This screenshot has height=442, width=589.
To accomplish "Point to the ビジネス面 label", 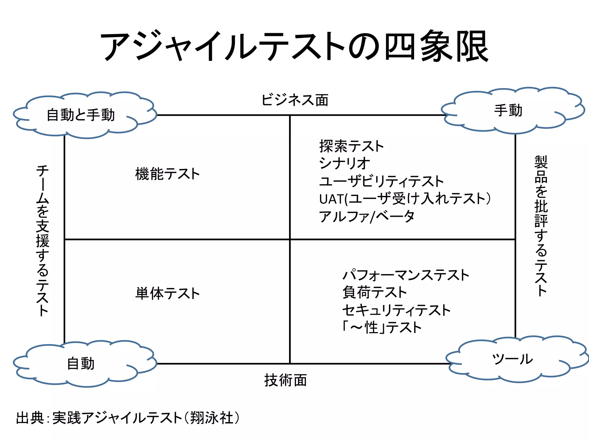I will click(x=294, y=100).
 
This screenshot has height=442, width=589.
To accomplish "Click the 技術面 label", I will click(x=286, y=380).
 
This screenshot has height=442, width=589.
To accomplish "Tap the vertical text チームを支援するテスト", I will click(x=43, y=241).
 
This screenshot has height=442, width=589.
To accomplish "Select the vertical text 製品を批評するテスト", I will click(x=541, y=226).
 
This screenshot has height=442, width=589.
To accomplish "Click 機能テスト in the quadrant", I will click(x=167, y=174).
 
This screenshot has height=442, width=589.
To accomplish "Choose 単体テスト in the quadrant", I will click(x=167, y=294).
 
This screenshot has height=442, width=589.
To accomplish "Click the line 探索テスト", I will click(x=351, y=146).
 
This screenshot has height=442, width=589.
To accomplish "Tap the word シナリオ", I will click(x=345, y=163).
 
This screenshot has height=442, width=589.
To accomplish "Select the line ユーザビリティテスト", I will click(x=381, y=181).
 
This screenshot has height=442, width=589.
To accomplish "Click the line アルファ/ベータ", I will click(x=367, y=216).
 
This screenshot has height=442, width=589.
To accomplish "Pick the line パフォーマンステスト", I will click(x=406, y=275).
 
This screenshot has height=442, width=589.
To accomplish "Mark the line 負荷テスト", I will click(x=374, y=292).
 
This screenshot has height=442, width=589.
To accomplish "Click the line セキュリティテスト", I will click(x=396, y=310).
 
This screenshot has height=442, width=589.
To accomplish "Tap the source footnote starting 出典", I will click(x=128, y=418).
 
